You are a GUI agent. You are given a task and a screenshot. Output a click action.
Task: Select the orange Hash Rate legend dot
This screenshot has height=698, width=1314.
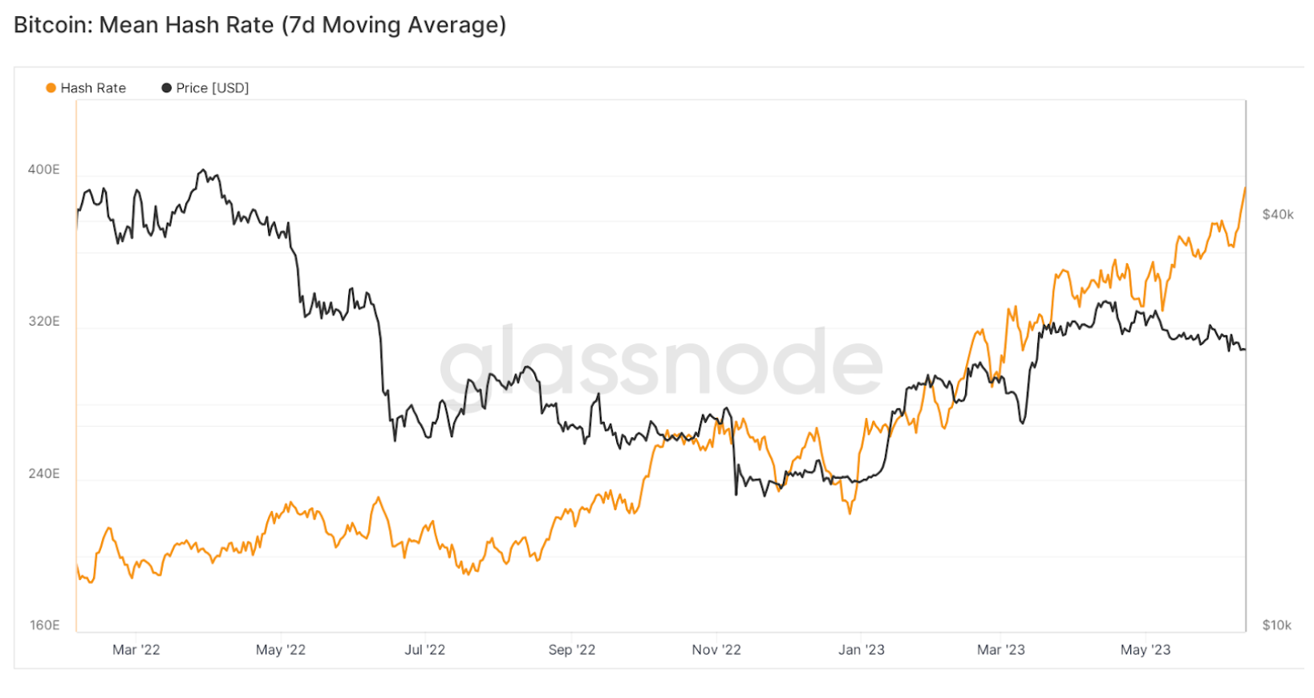[x=51, y=88]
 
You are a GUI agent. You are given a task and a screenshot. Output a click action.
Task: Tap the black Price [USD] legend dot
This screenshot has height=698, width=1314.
[x=167, y=88]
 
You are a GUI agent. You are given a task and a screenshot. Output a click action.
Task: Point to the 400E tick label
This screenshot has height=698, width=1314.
[x=43, y=169]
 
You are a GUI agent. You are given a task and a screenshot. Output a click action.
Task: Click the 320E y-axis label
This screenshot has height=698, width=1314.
[x=43, y=322]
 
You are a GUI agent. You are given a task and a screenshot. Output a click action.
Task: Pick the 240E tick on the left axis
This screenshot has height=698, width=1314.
[x=43, y=473]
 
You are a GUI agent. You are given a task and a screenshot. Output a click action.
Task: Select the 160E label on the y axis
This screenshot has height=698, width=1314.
[x=44, y=625]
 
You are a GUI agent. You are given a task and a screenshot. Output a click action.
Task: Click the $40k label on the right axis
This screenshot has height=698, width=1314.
[x=1277, y=214]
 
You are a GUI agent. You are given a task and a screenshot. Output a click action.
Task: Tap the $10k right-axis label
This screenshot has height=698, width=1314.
[x=1276, y=625]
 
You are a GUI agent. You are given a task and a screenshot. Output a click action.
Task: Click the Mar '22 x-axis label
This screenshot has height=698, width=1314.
[x=136, y=650]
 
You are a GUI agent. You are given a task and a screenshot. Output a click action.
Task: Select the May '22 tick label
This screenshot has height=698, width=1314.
[x=281, y=650]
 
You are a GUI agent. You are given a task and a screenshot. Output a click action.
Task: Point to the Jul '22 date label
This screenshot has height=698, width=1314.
[x=424, y=650]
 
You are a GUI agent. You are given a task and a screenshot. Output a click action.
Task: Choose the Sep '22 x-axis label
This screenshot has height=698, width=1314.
[x=572, y=650]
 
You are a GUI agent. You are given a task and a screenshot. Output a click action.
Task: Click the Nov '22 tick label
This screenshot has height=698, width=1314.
[x=716, y=650]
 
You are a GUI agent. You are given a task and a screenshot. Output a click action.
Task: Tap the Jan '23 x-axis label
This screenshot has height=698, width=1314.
[x=861, y=650]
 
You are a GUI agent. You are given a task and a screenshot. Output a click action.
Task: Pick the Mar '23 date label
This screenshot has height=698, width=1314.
[x=1000, y=650]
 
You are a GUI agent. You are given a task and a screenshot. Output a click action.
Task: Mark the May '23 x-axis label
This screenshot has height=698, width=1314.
[x=1145, y=650]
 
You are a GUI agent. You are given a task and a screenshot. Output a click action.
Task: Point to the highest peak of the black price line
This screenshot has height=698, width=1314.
[x=203, y=170]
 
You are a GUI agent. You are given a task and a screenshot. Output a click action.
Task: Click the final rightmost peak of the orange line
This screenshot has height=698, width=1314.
[x=1245, y=189]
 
